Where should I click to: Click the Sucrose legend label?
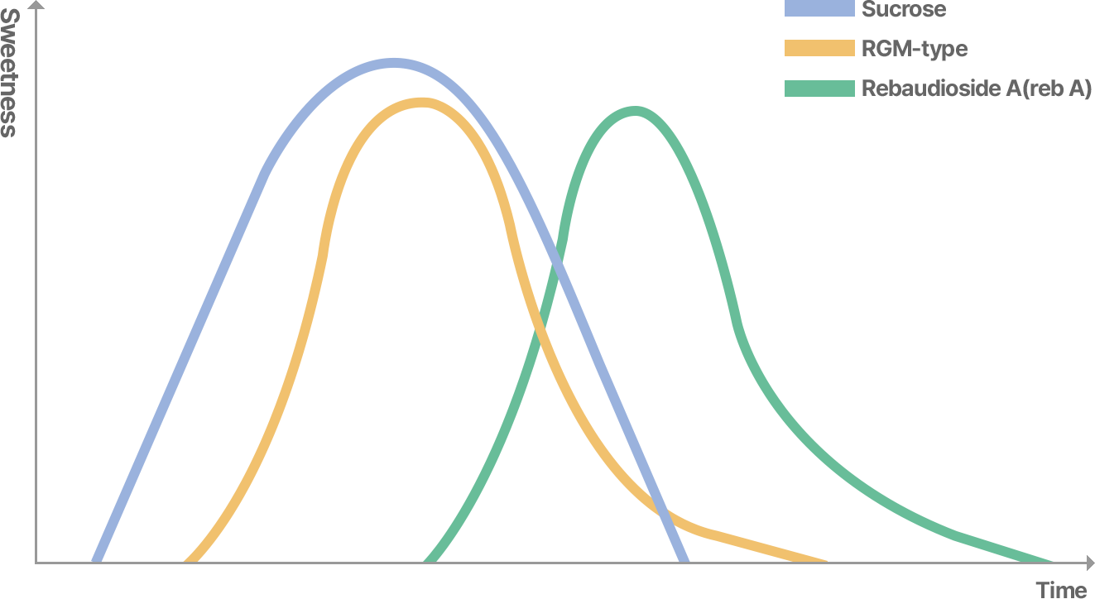pyautogui.click(x=904, y=10)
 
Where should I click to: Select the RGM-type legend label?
pyautogui.click(x=914, y=49)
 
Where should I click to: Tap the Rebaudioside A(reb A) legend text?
pyautogui.click(x=977, y=89)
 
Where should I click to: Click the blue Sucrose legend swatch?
pyautogui.click(x=819, y=9)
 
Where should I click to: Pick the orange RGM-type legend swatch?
pyautogui.click(x=819, y=48)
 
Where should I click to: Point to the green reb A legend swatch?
pyautogui.click(x=819, y=89)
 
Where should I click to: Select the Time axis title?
pyautogui.click(x=1060, y=590)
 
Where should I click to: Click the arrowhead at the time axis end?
pyautogui.click(x=1088, y=563)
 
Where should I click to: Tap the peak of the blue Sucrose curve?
pyautogui.click(x=394, y=64)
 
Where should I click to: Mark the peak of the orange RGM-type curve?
pyautogui.click(x=422, y=103)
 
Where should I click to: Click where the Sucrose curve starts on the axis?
pyautogui.click(x=96, y=560)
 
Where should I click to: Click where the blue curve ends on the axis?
pyautogui.click(x=684, y=560)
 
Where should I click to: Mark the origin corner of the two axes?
pyautogui.click(x=36, y=563)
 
